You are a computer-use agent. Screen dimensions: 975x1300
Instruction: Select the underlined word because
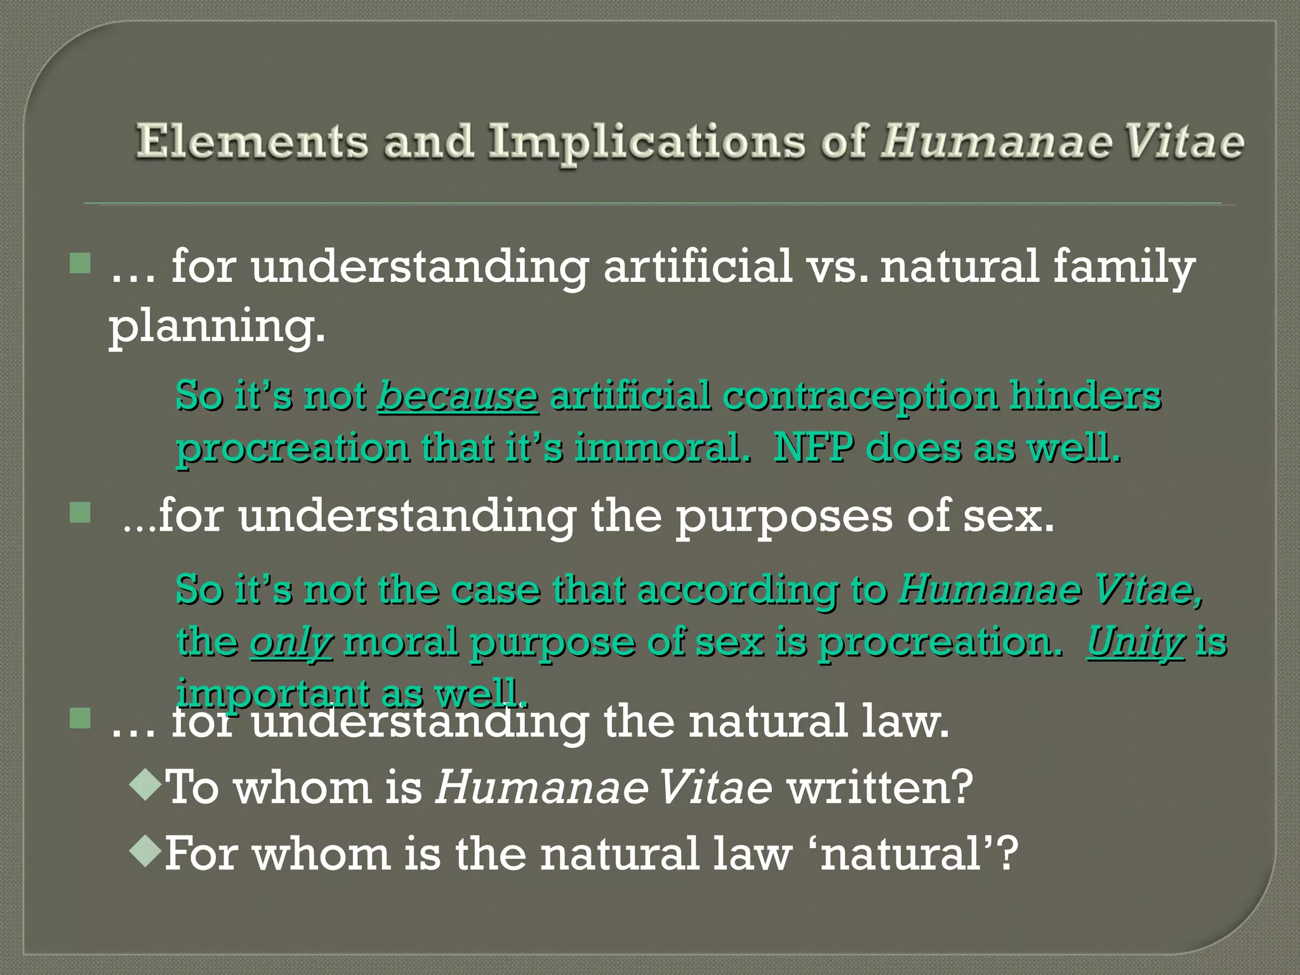click(x=458, y=396)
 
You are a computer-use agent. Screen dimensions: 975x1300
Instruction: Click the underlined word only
click(x=291, y=642)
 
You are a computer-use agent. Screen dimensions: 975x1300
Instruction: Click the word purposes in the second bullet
click(x=783, y=516)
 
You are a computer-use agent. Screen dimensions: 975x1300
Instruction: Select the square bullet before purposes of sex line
click(x=81, y=512)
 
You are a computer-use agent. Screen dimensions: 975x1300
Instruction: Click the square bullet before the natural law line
click(x=81, y=719)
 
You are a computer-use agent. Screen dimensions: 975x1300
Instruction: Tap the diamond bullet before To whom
click(x=145, y=785)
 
